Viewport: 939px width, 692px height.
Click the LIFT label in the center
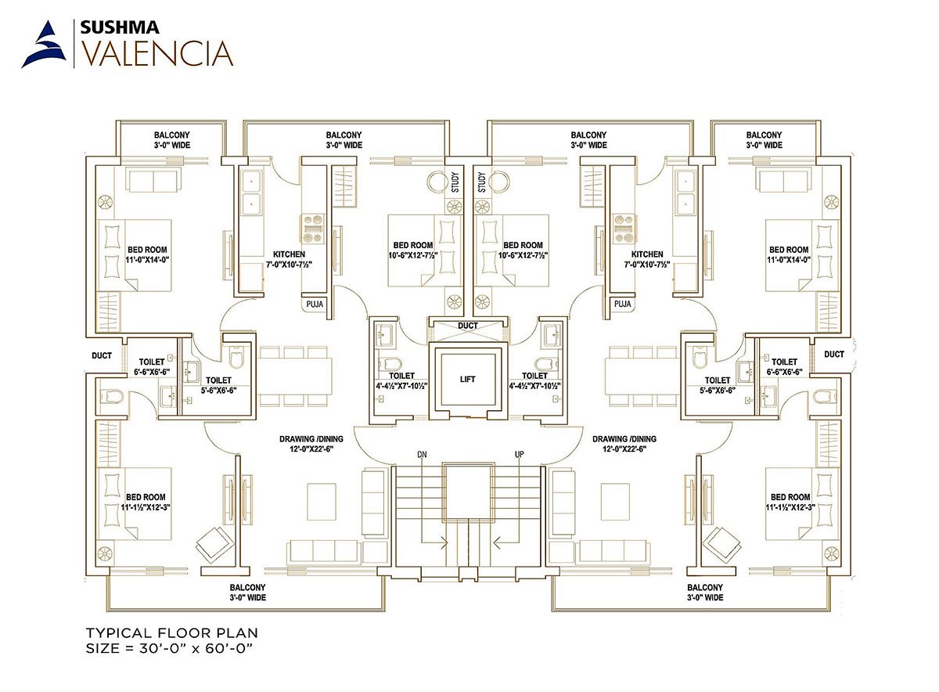pos(467,379)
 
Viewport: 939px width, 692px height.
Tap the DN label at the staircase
pos(422,455)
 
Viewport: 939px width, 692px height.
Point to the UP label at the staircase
pos(519,455)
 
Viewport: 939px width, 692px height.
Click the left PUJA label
pos(315,304)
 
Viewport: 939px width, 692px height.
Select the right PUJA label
pos(622,304)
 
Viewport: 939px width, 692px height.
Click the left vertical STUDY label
pos(455,182)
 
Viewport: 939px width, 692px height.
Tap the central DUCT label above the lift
pos(467,326)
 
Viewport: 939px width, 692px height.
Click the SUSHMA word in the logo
pos(120,27)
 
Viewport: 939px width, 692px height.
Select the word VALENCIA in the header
pos(156,53)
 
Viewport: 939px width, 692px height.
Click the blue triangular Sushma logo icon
pos(45,45)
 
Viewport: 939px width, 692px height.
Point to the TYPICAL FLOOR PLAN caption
pos(172,633)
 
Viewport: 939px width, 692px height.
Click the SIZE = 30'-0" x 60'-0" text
pos(169,649)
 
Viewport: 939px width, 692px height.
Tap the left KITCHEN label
pos(289,254)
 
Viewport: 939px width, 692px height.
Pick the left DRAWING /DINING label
pos(311,438)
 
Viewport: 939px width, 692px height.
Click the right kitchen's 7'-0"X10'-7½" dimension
pos(647,265)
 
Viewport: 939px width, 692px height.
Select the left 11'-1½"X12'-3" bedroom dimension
pos(146,507)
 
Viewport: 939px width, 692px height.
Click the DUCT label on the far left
pos(102,355)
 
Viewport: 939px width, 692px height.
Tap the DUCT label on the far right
pos(834,355)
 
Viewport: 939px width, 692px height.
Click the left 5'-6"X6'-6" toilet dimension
pos(218,391)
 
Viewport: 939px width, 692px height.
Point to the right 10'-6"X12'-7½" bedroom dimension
pos(523,255)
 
